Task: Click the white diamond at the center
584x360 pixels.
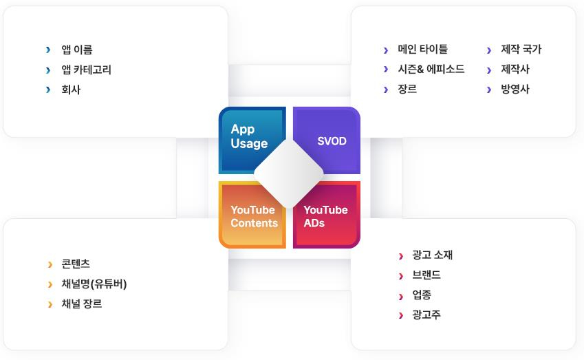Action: (x=289, y=173)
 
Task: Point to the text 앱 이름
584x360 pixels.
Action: (x=77, y=50)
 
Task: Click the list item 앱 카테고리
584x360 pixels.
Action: (x=87, y=70)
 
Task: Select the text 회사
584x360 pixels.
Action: (x=71, y=89)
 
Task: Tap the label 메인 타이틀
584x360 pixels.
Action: (x=423, y=49)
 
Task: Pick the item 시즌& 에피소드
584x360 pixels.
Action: (x=431, y=69)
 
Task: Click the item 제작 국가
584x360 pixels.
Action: (x=521, y=49)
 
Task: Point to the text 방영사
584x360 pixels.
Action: (x=515, y=89)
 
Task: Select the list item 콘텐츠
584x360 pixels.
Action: (x=76, y=264)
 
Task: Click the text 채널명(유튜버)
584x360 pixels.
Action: (x=94, y=284)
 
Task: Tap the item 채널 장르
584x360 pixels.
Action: (x=82, y=304)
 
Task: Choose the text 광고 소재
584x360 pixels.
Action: (x=433, y=255)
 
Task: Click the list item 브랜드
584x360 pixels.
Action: (x=426, y=275)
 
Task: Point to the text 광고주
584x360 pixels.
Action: (x=426, y=315)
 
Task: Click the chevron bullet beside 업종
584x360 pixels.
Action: (x=401, y=297)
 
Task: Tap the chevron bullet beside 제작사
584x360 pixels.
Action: (x=489, y=70)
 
